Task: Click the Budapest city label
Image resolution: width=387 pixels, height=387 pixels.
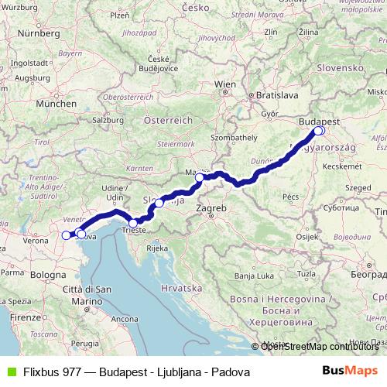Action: [320, 122]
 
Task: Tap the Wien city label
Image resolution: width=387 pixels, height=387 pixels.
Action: [224, 83]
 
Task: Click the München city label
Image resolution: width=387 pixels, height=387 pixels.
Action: [56, 102]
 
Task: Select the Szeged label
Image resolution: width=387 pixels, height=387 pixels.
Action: [358, 187]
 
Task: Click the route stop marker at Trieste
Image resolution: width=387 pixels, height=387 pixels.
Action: [133, 223]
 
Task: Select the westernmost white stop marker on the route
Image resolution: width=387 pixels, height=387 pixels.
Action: [66, 234]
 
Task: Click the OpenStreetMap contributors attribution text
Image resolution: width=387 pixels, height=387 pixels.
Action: [319, 346]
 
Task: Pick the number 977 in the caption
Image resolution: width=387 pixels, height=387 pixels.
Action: [77, 372]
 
